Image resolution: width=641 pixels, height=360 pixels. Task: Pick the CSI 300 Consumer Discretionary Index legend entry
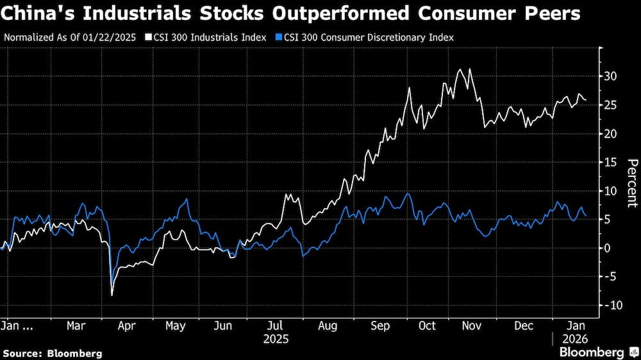pos(366,37)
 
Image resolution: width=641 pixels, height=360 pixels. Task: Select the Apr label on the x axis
pos(127,325)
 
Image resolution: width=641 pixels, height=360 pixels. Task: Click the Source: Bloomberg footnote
pos(53,353)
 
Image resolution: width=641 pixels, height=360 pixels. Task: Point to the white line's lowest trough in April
pos(112,295)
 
